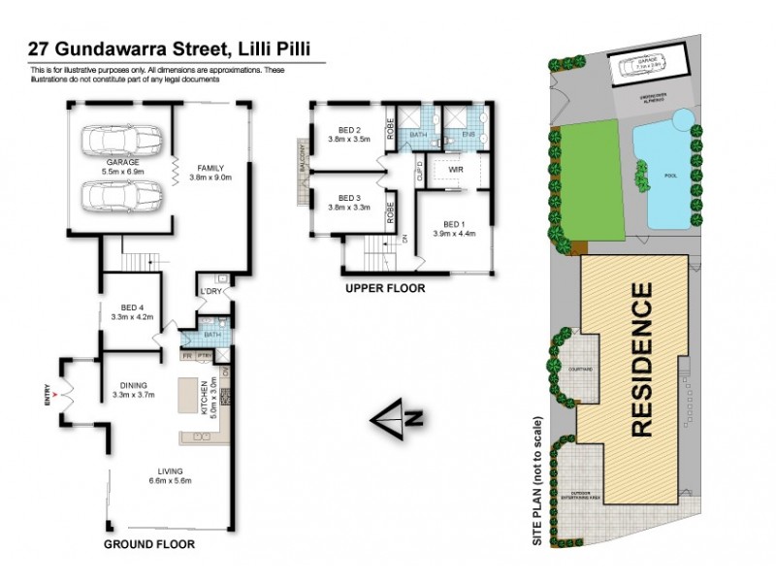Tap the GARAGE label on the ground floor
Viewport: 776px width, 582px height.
click(122, 164)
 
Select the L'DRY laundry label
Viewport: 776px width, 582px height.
click(210, 291)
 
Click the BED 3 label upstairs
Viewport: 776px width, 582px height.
click(349, 198)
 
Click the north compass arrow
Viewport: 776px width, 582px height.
click(398, 420)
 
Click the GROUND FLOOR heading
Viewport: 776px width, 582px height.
click(149, 544)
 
